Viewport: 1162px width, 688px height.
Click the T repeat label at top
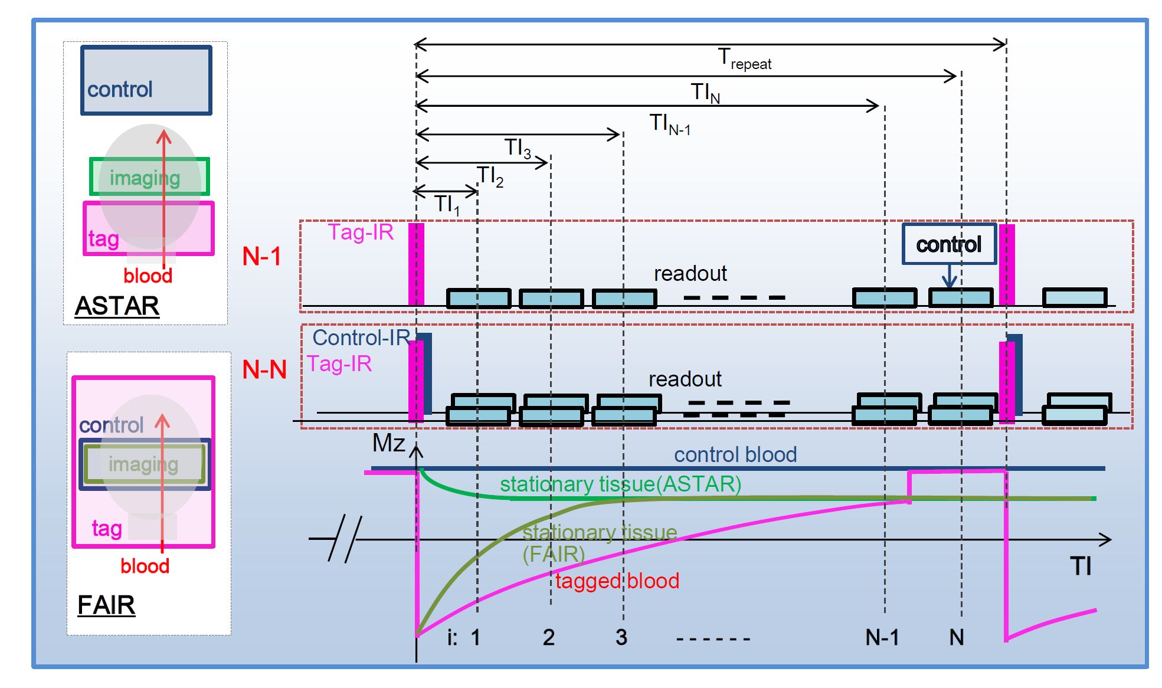[x=744, y=58]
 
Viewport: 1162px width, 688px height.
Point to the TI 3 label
[x=518, y=148]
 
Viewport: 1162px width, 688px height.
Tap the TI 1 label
[x=447, y=205]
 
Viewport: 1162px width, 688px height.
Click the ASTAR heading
[x=117, y=306]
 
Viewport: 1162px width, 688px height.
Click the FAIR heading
[x=106, y=605]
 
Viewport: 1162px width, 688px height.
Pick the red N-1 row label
[x=261, y=256]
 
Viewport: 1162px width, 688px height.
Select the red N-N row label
[x=264, y=370]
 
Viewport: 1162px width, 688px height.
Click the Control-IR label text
[x=361, y=338]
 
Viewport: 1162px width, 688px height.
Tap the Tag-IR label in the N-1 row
[x=361, y=232]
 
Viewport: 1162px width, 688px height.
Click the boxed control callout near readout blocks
[x=948, y=244]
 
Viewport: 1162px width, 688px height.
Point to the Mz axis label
[x=388, y=443]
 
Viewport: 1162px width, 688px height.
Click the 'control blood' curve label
[x=735, y=454]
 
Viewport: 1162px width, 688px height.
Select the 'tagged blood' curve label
[x=617, y=581]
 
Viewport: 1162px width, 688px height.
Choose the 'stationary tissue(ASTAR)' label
[x=620, y=484]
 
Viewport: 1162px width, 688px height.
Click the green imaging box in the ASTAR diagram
[x=149, y=176]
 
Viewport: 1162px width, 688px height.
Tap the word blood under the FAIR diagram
[x=145, y=566]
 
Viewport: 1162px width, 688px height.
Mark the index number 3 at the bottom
[x=621, y=637]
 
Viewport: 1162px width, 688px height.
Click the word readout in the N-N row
[x=685, y=379]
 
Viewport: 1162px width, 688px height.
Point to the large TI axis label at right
[x=1081, y=566]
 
